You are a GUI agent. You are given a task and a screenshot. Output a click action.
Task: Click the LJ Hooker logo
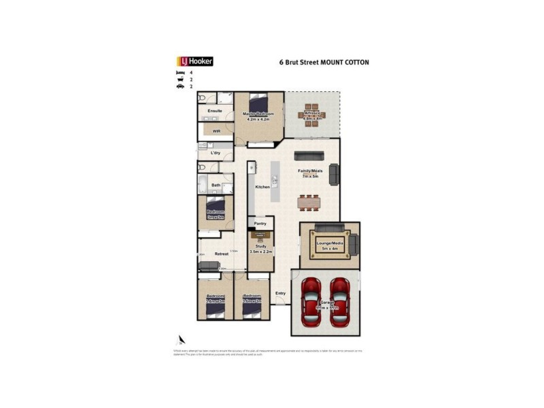point(195,61)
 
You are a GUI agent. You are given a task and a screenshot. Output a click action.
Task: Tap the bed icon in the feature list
point(180,72)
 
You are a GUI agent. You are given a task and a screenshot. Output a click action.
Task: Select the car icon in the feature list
point(180,87)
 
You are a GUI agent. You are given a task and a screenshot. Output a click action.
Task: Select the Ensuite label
point(215,110)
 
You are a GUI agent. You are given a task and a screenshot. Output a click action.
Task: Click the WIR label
point(216,131)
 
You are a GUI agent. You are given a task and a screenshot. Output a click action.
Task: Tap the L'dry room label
point(216,153)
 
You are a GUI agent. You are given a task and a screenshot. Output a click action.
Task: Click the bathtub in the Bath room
point(203,183)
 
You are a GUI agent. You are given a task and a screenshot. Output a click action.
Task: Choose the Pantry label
point(260,223)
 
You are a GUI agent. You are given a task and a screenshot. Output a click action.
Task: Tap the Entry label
point(279,293)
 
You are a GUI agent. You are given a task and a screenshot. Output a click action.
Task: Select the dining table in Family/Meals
point(310,201)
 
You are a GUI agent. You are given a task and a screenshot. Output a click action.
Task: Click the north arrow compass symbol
point(182,339)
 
